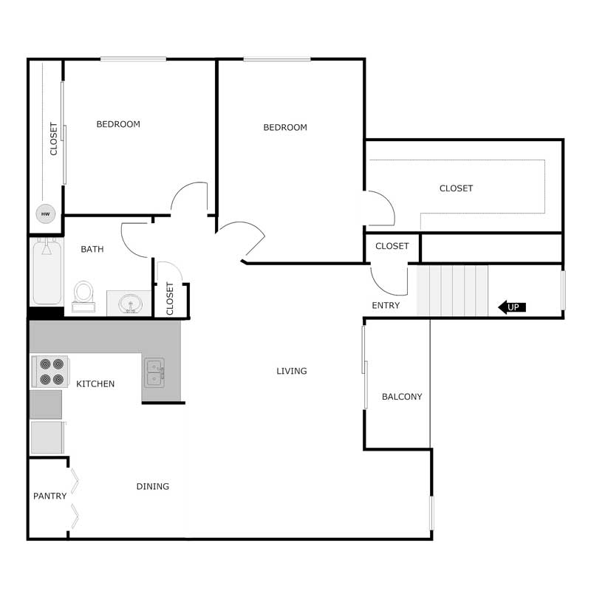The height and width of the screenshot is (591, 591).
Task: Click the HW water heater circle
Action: (x=46, y=213)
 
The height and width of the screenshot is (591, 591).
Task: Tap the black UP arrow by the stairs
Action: (x=511, y=307)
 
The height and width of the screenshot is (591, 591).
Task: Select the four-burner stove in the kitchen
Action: (x=50, y=372)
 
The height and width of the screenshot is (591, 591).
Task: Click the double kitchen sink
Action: (x=154, y=373)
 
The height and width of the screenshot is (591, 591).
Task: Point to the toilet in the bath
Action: (x=83, y=297)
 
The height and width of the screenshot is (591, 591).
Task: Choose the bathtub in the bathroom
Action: (x=47, y=272)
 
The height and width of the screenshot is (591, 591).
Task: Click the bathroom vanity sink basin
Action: (x=131, y=304)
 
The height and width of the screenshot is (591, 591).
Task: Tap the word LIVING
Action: (x=291, y=371)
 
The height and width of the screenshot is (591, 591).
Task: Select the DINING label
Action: (x=153, y=486)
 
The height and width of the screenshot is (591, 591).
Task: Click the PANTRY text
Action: (x=49, y=496)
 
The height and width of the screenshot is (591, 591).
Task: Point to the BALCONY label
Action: (x=402, y=397)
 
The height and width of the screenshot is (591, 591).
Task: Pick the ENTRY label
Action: (x=386, y=305)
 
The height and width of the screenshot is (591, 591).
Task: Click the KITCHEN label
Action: (x=95, y=383)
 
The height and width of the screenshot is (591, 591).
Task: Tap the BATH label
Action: (x=92, y=249)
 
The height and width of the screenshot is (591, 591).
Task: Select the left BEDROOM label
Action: (x=118, y=124)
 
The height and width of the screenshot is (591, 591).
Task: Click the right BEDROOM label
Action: (x=285, y=127)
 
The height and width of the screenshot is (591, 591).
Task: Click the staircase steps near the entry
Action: (x=452, y=290)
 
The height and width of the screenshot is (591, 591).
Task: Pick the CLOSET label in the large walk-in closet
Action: (x=456, y=188)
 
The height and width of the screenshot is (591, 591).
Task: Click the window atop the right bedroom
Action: (x=277, y=59)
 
